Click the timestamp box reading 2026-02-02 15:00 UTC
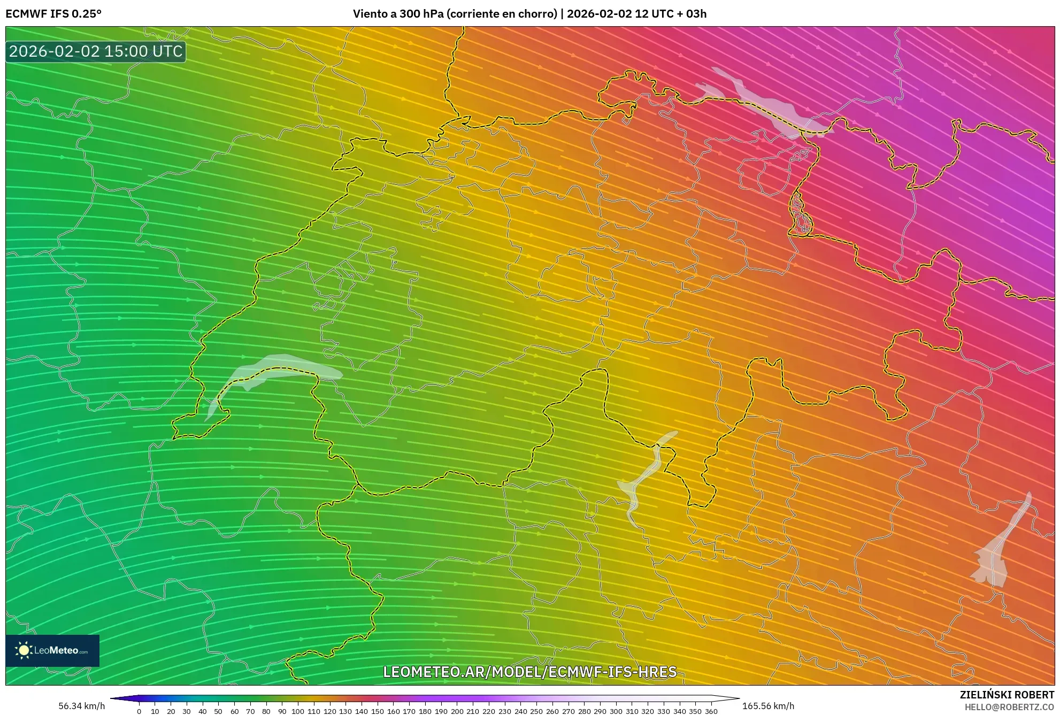click(96, 51)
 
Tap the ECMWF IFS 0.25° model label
click(53, 14)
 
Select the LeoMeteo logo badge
click(52, 650)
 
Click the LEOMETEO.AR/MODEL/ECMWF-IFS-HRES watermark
click(530, 672)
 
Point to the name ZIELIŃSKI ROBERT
click(1007, 695)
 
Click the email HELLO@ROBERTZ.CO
click(1009, 707)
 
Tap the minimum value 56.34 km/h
click(82, 706)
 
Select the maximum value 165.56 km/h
click(768, 706)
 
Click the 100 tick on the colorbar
click(298, 711)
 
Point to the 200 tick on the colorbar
click(457, 711)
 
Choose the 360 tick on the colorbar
click(711, 711)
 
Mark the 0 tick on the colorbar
click(139, 711)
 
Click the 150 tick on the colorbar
click(377, 711)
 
